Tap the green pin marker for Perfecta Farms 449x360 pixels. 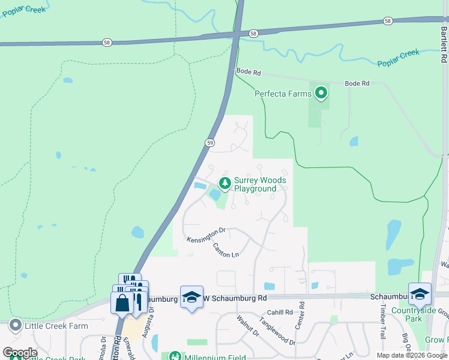[x=321, y=93]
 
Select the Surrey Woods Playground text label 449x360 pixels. [x=259, y=184]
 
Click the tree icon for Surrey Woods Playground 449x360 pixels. [x=224, y=183]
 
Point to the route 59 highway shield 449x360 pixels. [x=209, y=142]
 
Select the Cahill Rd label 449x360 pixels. [x=280, y=312]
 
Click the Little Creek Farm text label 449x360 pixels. [x=55, y=326]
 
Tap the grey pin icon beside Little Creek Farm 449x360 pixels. [x=14, y=326]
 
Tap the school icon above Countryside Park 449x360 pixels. [x=420, y=293]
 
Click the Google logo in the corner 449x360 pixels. [x=20, y=353]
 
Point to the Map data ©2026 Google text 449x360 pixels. [x=412, y=355]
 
